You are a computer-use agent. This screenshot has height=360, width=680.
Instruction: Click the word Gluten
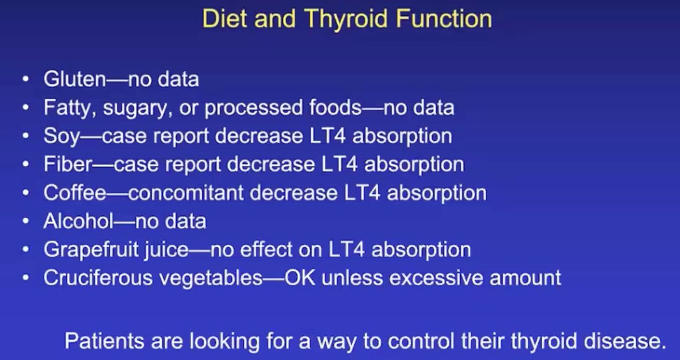click(74, 79)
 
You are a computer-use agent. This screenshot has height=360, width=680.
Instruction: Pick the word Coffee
click(75, 193)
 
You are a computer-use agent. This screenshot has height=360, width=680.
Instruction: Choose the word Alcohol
click(79, 221)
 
